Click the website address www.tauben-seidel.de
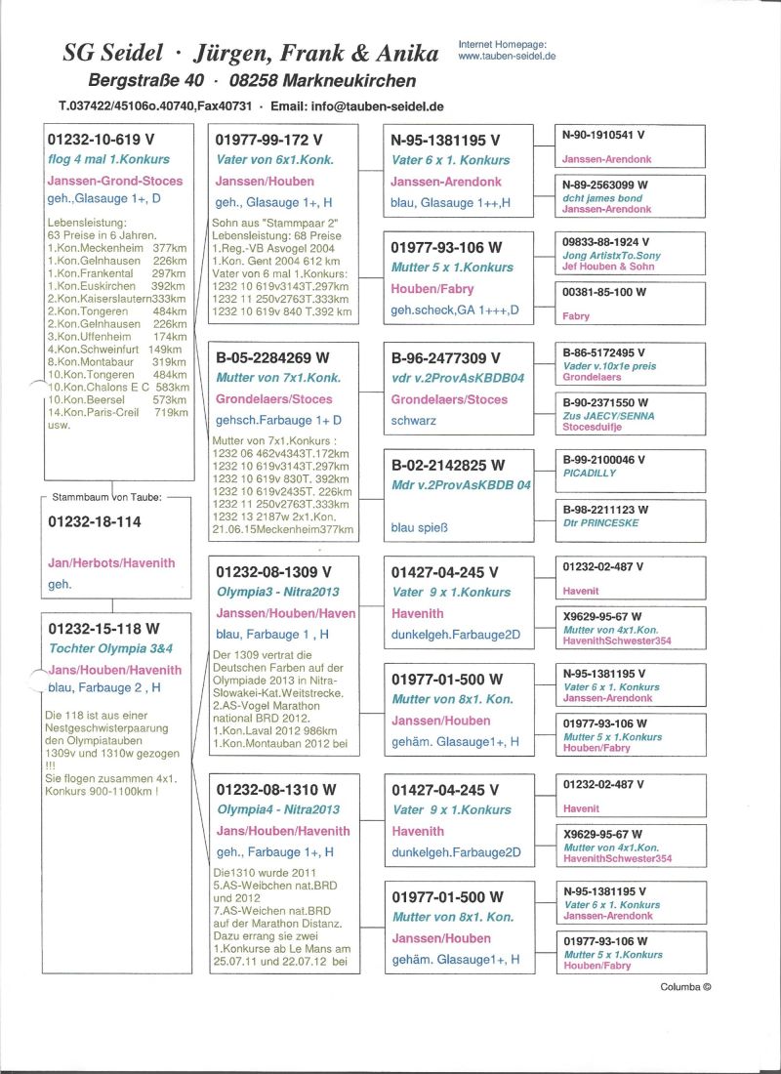click(x=506, y=57)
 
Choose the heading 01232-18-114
click(x=95, y=521)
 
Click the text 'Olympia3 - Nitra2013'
click(x=278, y=592)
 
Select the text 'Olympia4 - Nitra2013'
click(x=278, y=809)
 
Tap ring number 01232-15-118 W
click(x=103, y=629)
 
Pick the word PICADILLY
click(x=590, y=473)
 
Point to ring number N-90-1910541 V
click(x=603, y=134)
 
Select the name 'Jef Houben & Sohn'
click(x=609, y=267)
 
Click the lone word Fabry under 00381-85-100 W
click(x=576, y=316)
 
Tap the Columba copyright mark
click(x=685, y=986)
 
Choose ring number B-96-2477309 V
click(x=445, y=358)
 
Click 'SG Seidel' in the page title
click(x=115, y=55)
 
